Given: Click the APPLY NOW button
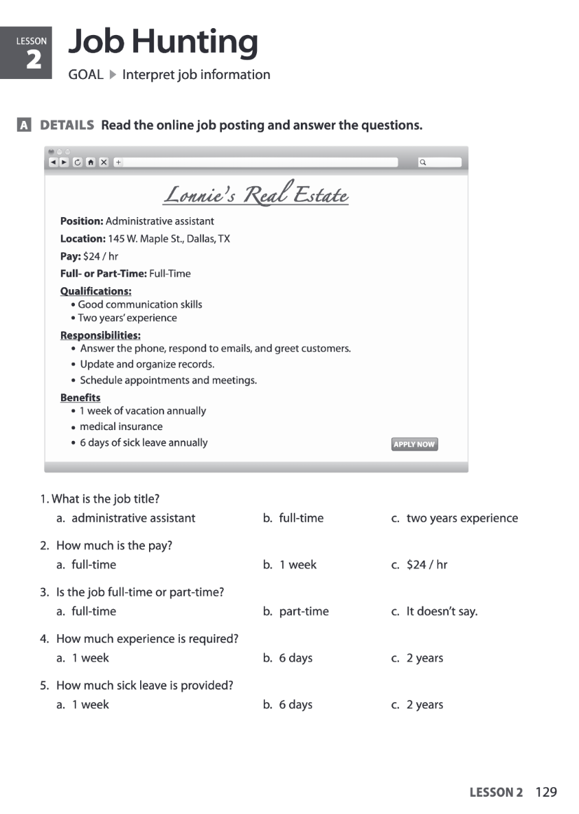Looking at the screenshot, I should (414, 444).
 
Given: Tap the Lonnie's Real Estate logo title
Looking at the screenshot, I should (256, 195).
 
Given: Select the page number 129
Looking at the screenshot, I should (546, 792).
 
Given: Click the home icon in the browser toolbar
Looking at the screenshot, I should (90, 162).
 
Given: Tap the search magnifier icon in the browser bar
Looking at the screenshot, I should (423, 162).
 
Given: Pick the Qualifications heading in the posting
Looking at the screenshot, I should (95, 291).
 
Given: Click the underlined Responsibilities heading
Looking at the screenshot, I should (100, 335).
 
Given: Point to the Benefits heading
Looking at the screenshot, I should (80, 398).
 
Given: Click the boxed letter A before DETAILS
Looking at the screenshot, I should (24, 126).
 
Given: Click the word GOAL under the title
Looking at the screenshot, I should (86, 75).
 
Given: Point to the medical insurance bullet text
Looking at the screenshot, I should (121, 427).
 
